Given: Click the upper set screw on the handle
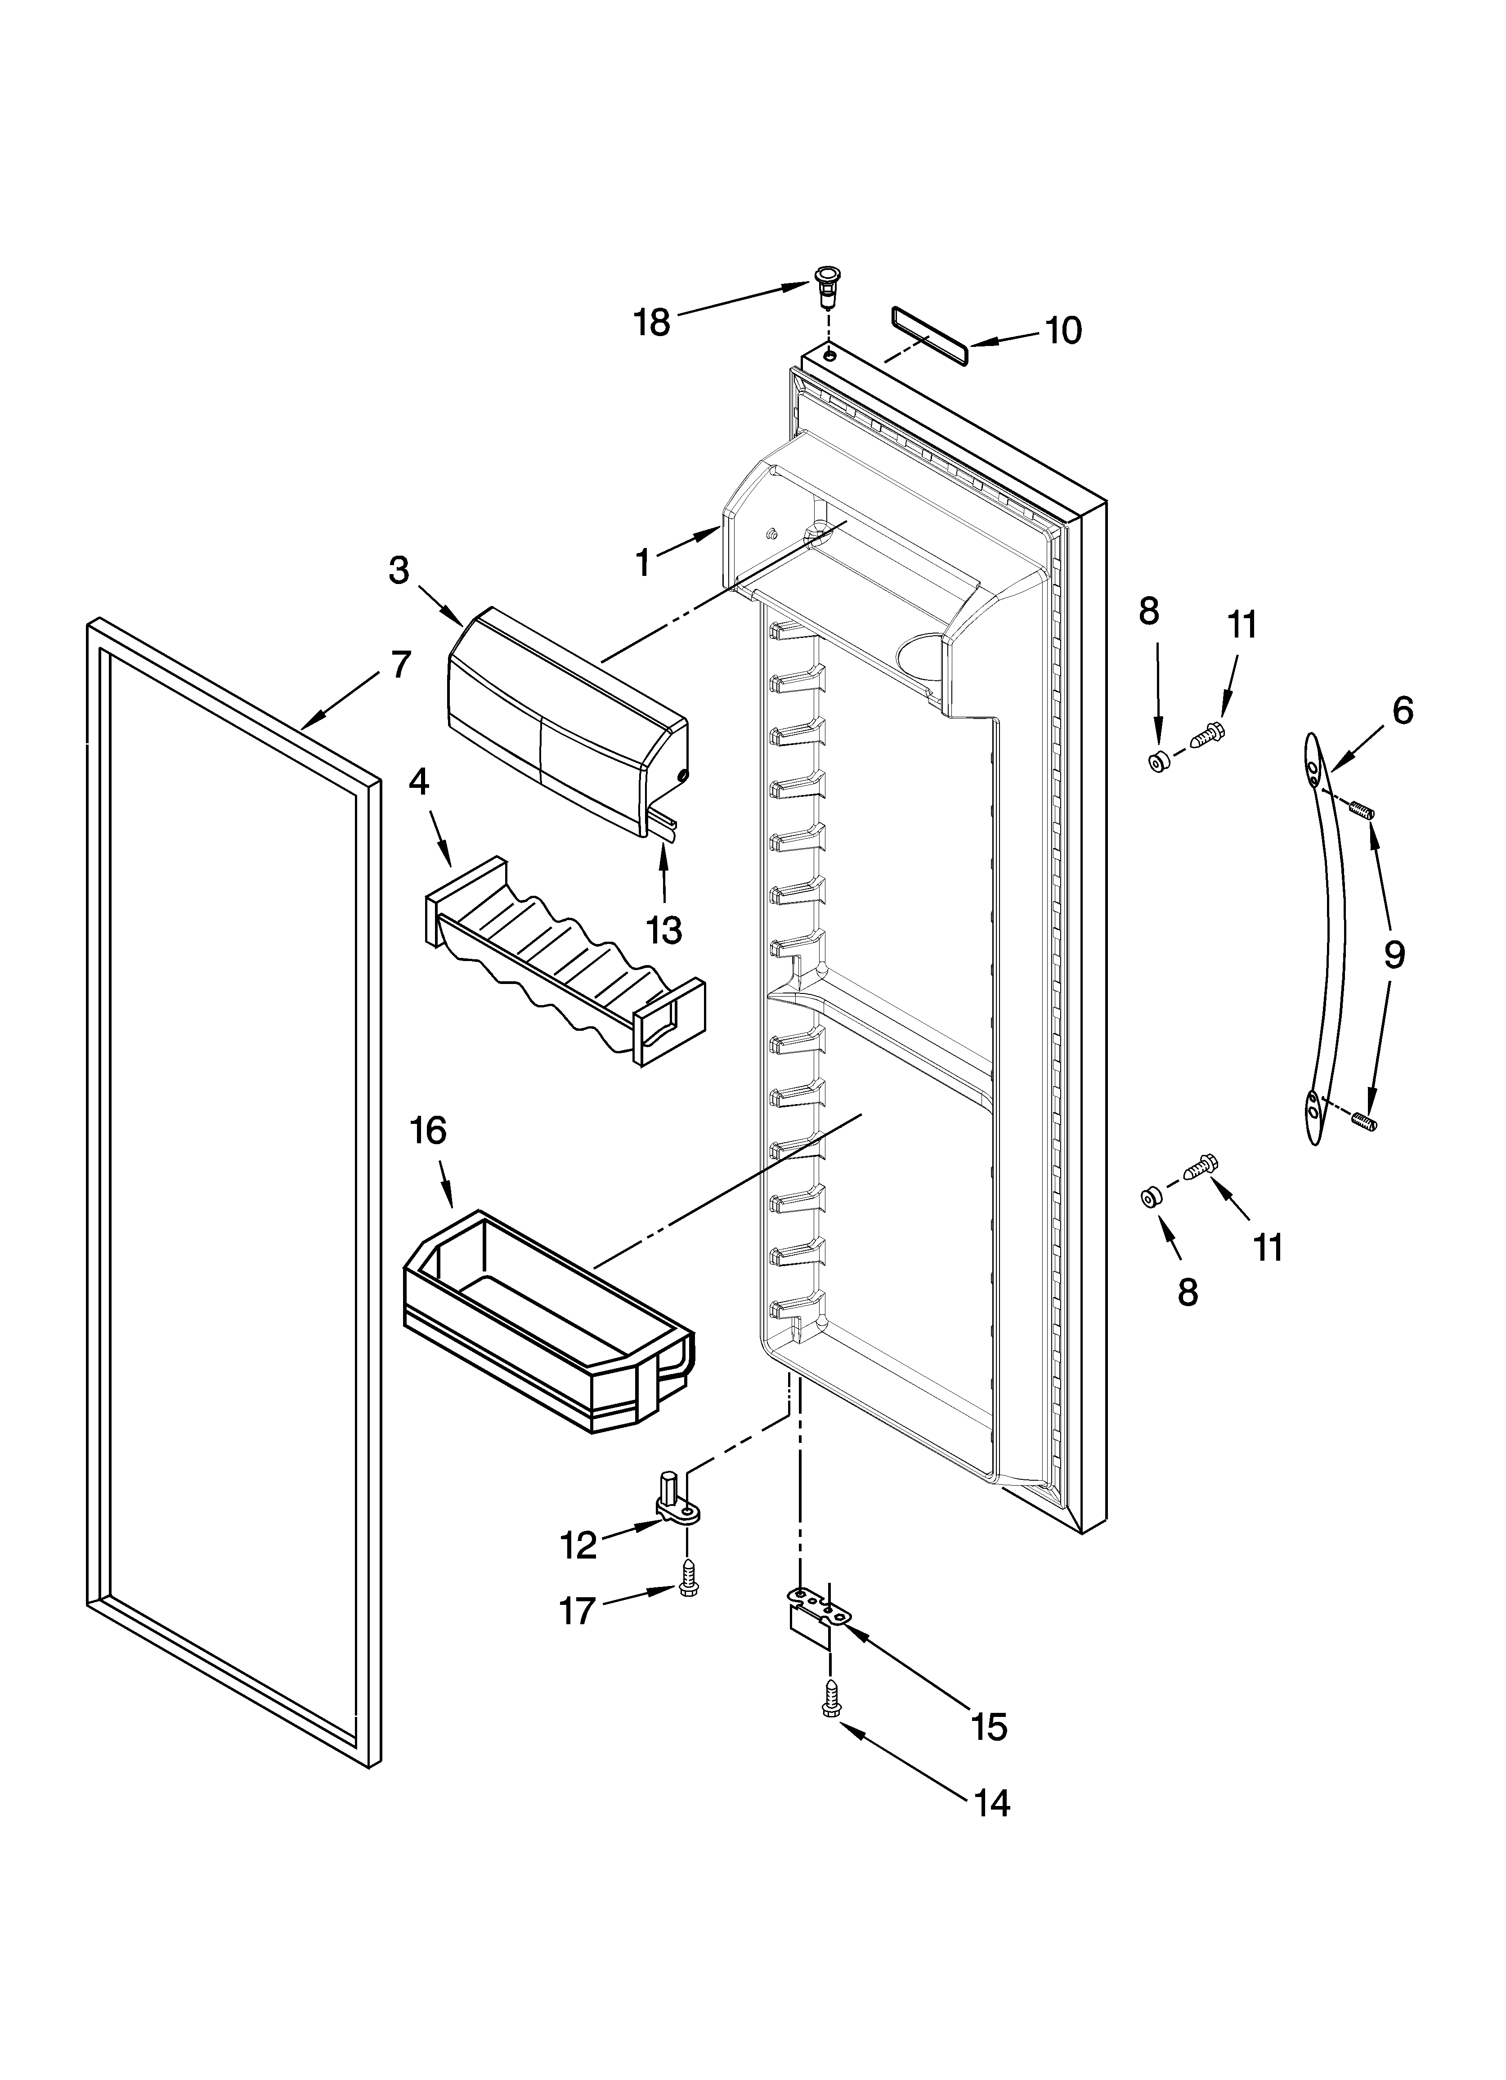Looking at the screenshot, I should (1363, 810).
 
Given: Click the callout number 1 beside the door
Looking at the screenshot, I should (643, 562).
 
